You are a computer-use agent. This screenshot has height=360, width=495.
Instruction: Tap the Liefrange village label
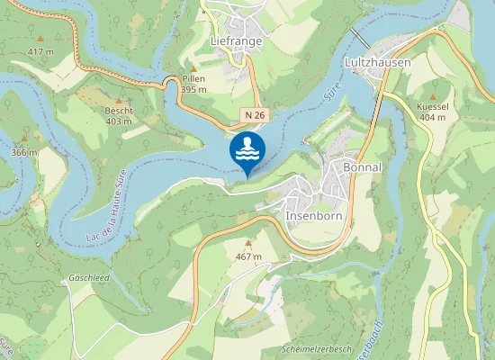[x=235, y=40]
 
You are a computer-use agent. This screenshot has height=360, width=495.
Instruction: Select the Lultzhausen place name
[x=377, y=63]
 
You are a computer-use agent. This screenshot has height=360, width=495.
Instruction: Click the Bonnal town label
[x=363, y=168]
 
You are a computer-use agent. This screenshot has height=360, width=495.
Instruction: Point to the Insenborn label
[x=315, y=217]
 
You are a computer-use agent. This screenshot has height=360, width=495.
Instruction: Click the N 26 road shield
[x=254, y=116]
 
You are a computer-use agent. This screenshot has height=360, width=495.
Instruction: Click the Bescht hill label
[x=119, y=111]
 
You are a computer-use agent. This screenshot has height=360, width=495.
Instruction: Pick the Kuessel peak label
[x=432, y=107]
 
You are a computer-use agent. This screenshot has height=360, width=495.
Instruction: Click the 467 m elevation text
[x=248, y=256]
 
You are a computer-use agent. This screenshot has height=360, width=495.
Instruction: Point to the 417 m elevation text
[x=40, y=51]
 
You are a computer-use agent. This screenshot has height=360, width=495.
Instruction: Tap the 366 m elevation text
[x=24, y=152]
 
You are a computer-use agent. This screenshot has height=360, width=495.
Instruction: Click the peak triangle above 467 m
[x=248, y=243]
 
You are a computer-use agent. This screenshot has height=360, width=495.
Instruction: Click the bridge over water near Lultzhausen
[x=360, y=38]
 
